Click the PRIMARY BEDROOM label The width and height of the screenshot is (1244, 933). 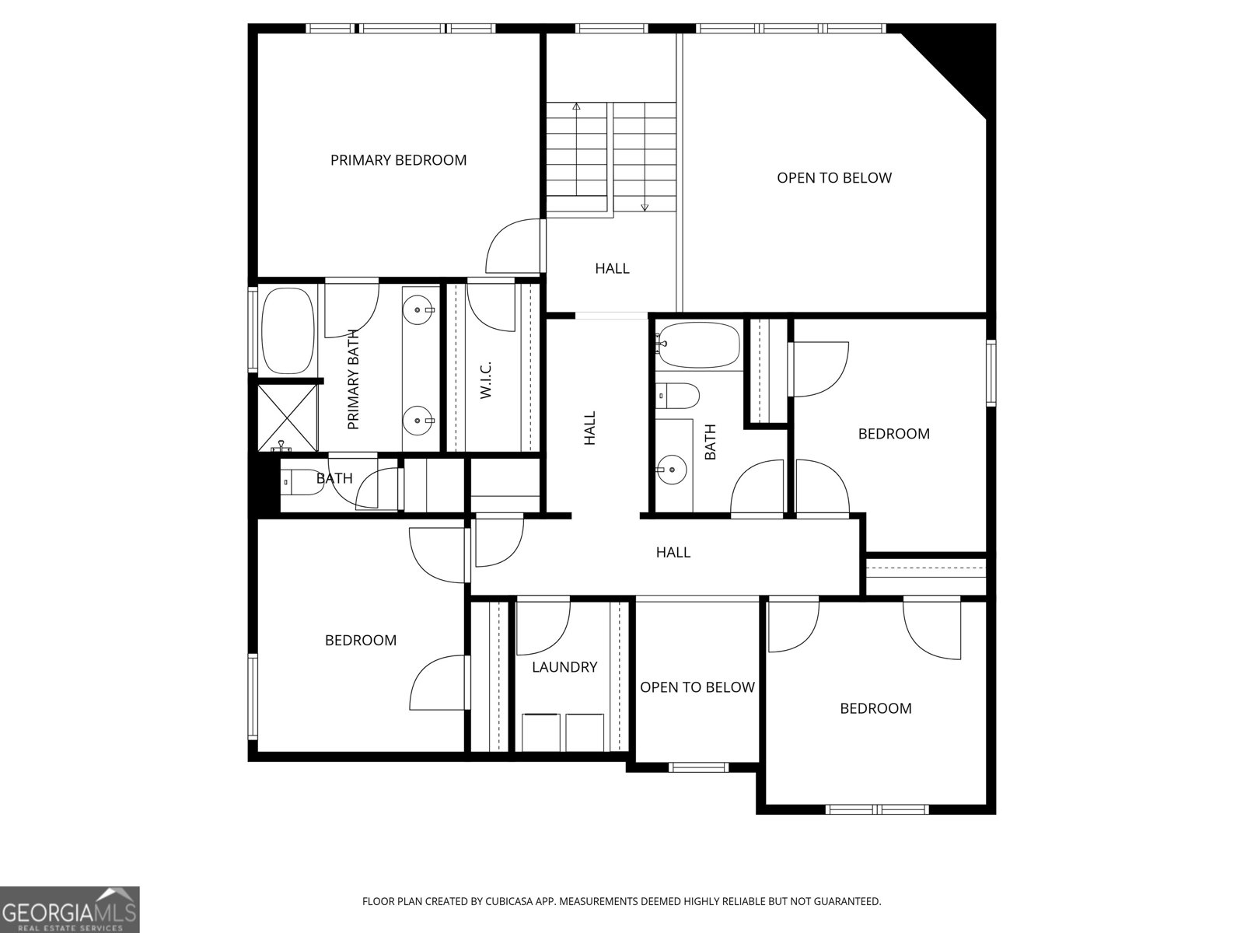coord(398,160)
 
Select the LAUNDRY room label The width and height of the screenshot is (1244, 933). coord(564,667)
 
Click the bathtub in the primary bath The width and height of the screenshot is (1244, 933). coord(288,330)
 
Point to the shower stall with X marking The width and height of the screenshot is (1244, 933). coord(288,416)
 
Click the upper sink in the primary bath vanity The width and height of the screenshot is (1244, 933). coord(420,310)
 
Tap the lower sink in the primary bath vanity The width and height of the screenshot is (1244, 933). coord(420,421)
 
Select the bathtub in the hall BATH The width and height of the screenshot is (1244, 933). coord(698,344)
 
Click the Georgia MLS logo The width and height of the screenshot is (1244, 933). coord(70,909)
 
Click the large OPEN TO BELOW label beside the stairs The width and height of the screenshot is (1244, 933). coord(834,178)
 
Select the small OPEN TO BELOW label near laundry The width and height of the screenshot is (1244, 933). coord(697,687)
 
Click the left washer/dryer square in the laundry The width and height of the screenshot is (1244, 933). coord(541,732)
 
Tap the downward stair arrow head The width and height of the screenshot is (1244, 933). coord(645,208)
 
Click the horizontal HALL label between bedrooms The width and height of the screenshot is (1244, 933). coord(673,553)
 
